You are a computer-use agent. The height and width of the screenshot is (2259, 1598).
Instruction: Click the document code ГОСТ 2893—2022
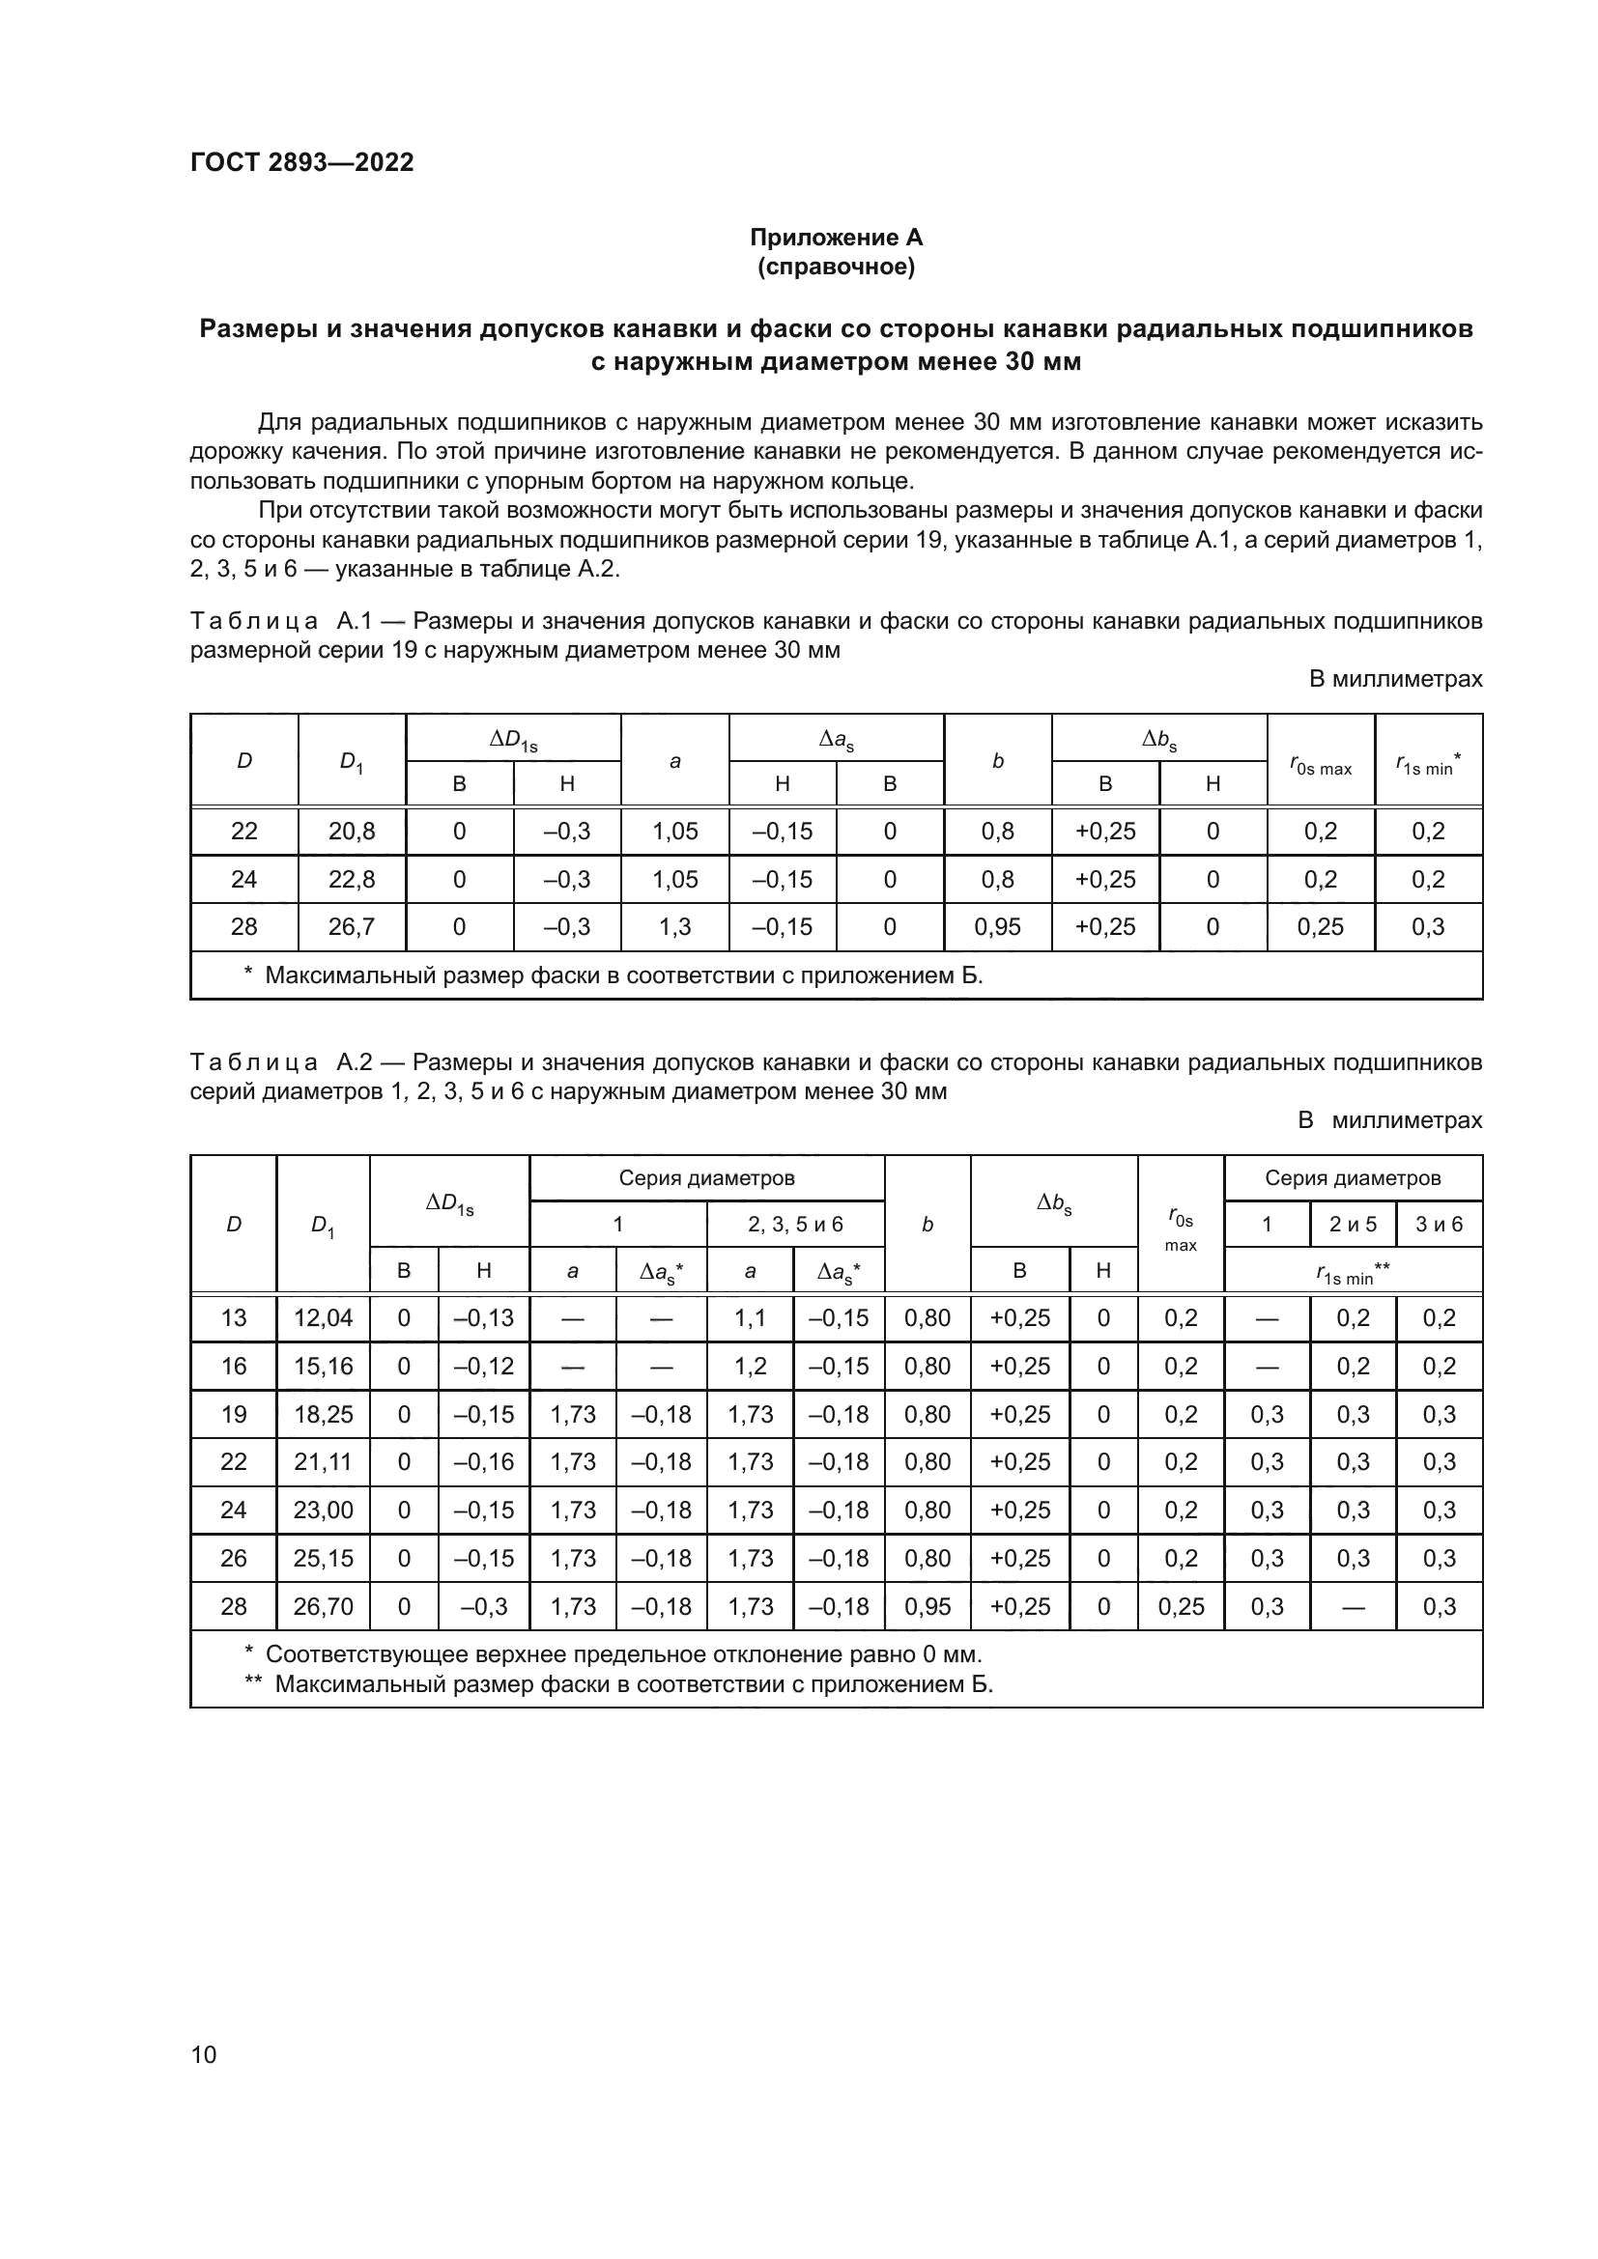(x=301, y=162)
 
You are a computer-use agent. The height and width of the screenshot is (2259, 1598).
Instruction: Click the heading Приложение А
(x=836, y=238)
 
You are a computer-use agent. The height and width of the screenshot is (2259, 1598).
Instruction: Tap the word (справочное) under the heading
(x=836, y=267)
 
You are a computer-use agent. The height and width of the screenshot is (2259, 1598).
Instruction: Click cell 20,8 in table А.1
(x=352, y=832)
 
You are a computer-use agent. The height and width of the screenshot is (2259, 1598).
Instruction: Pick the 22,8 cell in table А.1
(x=352, y=879)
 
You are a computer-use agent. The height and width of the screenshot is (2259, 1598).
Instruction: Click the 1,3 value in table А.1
(x=674, y=927)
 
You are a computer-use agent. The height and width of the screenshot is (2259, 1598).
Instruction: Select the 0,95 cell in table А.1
(x=997, y=927)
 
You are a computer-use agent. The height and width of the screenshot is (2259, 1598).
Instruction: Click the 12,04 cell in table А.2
(x=323, y=1317)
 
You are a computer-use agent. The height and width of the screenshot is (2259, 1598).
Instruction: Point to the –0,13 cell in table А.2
(x=483, y=1317)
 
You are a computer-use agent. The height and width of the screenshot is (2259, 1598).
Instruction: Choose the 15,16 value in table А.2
(x=323, y=1366)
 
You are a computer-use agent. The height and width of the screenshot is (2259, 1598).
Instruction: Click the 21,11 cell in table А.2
(x=323, y=1462)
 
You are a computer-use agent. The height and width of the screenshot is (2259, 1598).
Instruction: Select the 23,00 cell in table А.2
(x=323, y=1511)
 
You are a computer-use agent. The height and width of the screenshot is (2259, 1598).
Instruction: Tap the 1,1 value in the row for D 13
(x=750, y=1317)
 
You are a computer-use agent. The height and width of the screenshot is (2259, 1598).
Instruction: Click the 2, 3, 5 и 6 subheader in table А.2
(x=795, y=1224)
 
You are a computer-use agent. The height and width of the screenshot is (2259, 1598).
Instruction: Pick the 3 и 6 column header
(x=1439, y=1224)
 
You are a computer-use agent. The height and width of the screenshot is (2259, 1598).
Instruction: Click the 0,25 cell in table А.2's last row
(x=1181, y=1607)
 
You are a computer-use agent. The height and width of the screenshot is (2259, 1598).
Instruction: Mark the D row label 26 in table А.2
(x=233, y=1559)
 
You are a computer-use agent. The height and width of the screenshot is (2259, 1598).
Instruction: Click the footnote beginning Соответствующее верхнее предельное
(x=623, y=1653)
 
